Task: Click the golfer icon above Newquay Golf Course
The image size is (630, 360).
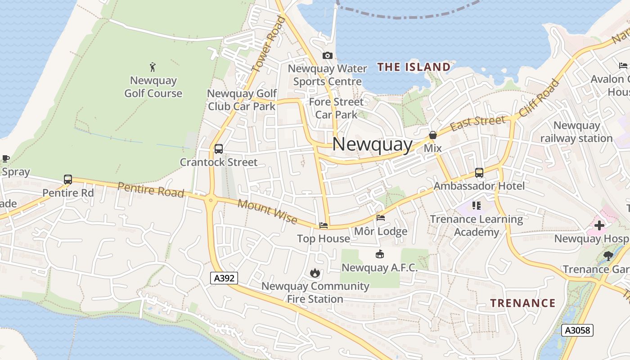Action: (153, 67)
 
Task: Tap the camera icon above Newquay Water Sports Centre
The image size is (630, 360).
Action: (328, 56)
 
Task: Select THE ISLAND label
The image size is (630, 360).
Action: (414, 67)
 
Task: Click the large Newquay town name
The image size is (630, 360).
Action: (372, 145)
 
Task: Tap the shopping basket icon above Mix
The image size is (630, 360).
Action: (432, 135)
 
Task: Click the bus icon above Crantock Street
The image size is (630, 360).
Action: (219, 149)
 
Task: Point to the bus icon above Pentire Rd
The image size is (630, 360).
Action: (68, 180)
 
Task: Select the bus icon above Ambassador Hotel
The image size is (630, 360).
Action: (479, 173)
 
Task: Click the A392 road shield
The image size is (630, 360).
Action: (224, 278)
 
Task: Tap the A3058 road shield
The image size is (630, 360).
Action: (577, 330)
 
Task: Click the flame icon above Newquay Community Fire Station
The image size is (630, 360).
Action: (315, 273)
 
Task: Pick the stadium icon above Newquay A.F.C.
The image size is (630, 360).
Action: (379, 255)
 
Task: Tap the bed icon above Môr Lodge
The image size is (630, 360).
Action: (381, 218)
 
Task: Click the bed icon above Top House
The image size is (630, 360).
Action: (323, 225)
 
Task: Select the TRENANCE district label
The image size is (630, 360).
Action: (522, 303)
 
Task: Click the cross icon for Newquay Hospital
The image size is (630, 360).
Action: (599, 225)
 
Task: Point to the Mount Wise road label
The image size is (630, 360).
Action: (267, 211)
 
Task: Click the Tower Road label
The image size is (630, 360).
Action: (269, 44)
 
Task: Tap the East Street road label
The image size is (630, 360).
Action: (477, 122)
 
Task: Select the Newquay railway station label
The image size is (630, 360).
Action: (576, 132)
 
